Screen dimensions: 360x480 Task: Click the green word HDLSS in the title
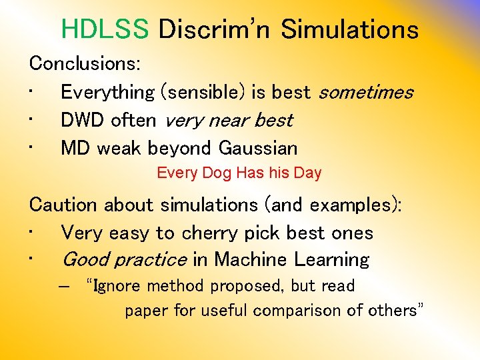click(105, 29)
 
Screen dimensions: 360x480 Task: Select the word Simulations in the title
click(349, 29)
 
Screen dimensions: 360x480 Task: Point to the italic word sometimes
click(366, 92)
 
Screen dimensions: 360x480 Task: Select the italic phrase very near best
click(229, 120)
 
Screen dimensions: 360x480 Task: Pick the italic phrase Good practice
click(124, 259)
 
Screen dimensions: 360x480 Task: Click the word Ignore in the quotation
click(119, 286)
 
